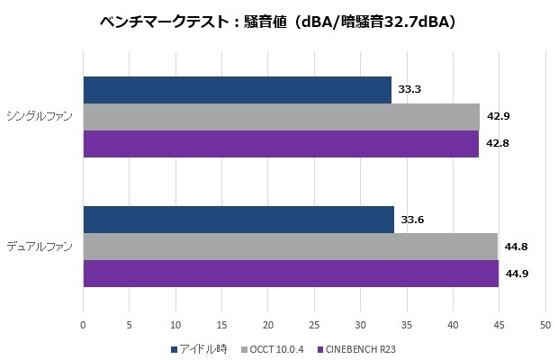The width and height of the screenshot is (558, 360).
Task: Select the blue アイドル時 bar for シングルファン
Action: point(237,90)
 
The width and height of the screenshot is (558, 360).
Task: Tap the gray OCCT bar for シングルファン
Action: point(281,117)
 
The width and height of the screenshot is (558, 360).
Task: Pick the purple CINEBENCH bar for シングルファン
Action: point(281,144)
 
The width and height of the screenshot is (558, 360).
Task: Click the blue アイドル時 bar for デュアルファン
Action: point(238,219)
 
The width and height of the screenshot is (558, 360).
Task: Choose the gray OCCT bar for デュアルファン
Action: point(290,247)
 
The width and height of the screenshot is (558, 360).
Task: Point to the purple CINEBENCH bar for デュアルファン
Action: point(291,274)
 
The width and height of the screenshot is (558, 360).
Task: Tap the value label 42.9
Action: point(499,117)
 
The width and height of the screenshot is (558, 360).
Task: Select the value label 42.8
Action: point(498,144)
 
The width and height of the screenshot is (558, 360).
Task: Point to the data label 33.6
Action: point(413,220)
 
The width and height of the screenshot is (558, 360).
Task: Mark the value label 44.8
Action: point(517,247)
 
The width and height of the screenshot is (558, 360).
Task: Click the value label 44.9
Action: point(517,274)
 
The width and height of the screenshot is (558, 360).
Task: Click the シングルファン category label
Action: point(40,117)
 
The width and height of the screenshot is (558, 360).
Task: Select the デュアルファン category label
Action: point(40,246)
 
